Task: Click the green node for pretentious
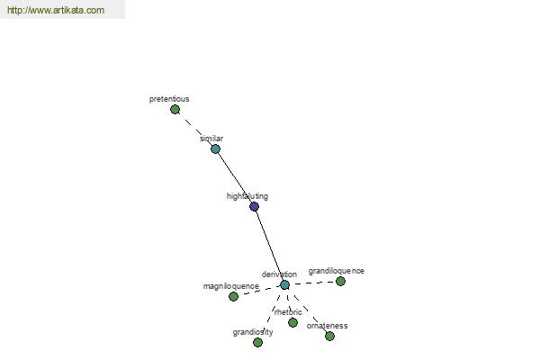click(175, 110)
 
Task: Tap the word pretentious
click(169, 99)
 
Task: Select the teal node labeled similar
click(215, 148)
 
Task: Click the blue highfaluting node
click(254, 206)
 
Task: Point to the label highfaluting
click(247, 196)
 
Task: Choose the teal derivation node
click(284, 285)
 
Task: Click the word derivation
click(279, 274)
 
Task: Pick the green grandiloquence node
click(340, 281)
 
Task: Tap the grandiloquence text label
click(336, 271)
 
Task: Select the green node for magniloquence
click(233, 296)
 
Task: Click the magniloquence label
click(230, 286)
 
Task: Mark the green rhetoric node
click(292, 322)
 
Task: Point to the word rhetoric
click(288, 312)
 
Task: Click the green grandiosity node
click(257, 342)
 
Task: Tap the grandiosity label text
click(253, 332)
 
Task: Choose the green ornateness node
click(329, 336)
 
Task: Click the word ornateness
click(327, 326)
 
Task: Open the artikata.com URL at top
click(56, 10)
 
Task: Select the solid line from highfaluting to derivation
click(269, 246)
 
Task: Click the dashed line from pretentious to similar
click(195, 130)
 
